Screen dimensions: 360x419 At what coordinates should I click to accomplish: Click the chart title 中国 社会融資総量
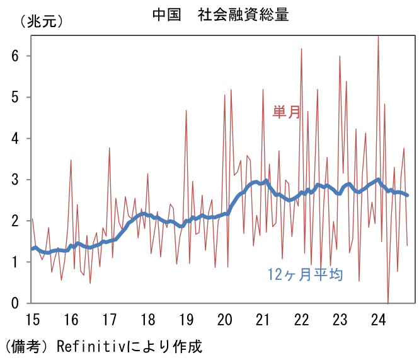click(x=221, y=15)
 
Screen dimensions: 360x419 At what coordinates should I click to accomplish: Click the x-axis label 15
click(x=32, y=319)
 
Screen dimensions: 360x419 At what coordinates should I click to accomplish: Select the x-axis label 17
click(x=109, y=319)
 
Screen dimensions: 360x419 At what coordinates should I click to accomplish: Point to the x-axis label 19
click(x=187, y=319)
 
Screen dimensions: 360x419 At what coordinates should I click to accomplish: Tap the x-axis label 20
click(x=225, y=319)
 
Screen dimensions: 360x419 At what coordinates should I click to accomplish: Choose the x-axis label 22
click(x=302, y=319)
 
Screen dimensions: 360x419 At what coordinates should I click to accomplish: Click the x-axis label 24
click(x=379, y=319)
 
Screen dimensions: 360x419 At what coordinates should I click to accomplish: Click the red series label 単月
click(x=286, y=113)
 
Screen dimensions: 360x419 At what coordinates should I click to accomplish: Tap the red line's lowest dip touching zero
click(x=388, y=303)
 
